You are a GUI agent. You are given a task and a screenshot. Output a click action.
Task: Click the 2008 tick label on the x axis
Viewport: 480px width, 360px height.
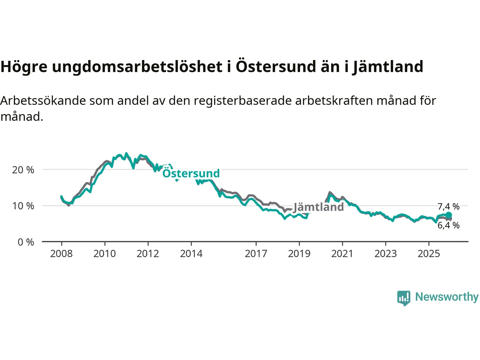pyautogui.click(x=61, y=254)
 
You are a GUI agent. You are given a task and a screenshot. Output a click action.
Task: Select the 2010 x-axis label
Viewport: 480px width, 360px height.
pyautogui.click(x=105, y=254)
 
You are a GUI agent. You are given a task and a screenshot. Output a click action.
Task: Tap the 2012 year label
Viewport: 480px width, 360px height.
pyautogui.click(x=148, y=254)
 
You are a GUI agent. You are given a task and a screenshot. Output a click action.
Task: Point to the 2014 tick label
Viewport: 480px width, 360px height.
pyautogui.click(x=191, y=254)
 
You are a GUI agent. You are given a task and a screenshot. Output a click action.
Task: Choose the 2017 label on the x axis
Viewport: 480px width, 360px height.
pyautogui.click(x=256, y=254)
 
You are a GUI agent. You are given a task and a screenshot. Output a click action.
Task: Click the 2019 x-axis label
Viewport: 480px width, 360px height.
pyautogui.click(x=299, y=254)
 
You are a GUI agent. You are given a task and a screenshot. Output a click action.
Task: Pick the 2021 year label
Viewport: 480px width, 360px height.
pyautogui.click(x=342, y=254)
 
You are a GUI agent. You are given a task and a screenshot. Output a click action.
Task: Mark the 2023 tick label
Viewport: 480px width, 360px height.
pyautogui.click(x=385, y=254)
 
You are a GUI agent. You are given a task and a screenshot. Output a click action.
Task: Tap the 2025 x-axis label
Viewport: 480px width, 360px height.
pyautogui.click(x=429, y=254)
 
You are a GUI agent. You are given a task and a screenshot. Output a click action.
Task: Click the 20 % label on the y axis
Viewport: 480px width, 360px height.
pyautogui.click(x=23, y=170)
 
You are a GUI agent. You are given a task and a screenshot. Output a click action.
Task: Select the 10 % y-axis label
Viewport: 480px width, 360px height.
pyautogui.click(x=23, y=206)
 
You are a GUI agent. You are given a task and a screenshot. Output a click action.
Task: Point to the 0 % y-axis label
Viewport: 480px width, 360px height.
pyautogui.click(x=26, y=242)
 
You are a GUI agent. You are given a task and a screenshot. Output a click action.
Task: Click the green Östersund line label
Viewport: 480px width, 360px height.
pyautogui.click(x=191, y=173)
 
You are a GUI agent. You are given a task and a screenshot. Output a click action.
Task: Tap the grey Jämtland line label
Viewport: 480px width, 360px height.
pyautogui.click(x=319, y=207)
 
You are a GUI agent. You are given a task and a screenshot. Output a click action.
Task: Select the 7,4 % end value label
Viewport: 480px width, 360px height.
pyautogui.click(x=448, y=207)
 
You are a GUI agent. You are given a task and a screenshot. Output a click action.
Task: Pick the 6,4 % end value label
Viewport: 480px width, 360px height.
pyautogui.click(x=448, y=225)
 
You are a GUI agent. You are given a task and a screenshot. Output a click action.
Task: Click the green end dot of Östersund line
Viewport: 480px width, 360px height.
pyautogui.click(x=448, y=215)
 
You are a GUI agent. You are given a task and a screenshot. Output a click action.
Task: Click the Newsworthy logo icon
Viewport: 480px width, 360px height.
pyautogui.click(x=404, y=298)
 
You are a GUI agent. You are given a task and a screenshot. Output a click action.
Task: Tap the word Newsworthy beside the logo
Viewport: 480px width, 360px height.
pyautogui.click(x=447, y=297)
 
